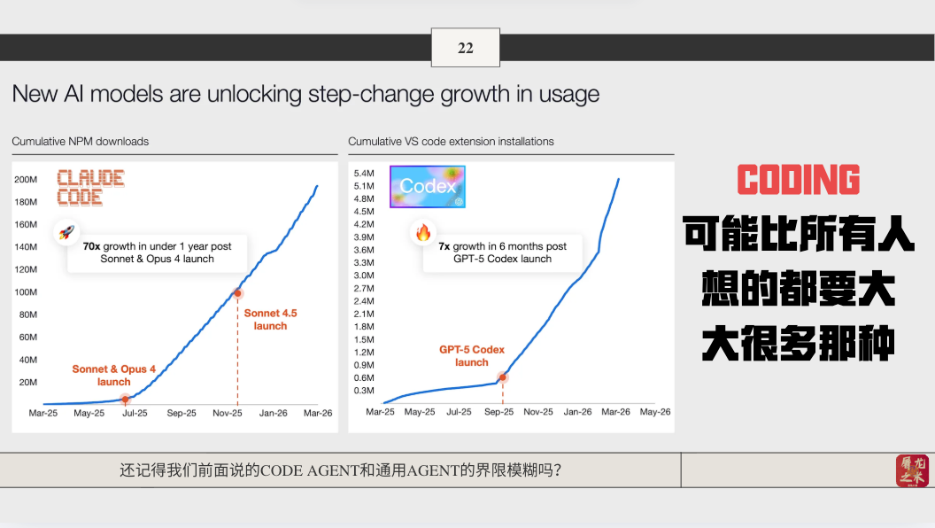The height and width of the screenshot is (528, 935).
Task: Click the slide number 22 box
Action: click(x=465, y=48)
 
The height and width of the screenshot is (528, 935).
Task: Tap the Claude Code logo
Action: click(x=90, y=187)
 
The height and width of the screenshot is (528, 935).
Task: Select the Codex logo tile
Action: click(x=428, y=187)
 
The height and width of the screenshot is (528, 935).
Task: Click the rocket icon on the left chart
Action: click(x=66, y=232)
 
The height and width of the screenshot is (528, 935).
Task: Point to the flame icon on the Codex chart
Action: click(x=422, y=232)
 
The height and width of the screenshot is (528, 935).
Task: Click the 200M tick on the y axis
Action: click(x=26, y=180)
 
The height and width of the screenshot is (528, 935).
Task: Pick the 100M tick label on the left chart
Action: click(x=26, y=292)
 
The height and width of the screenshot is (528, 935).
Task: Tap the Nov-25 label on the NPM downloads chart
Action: click(x=228, y=413)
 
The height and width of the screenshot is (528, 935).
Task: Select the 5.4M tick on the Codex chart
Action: click(x=364, y=174)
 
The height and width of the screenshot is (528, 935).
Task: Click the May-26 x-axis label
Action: click(x=654, y=412)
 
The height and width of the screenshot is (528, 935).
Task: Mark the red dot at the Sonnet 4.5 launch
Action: click(x=237, y=293)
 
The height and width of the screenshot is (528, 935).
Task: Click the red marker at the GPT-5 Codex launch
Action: click(x=503, y=377)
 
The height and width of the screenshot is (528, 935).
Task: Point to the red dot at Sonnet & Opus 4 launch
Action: click(x=125, y=400)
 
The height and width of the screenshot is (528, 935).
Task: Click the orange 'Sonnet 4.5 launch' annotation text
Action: click(x=270, y=320)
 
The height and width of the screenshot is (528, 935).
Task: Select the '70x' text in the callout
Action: click(x=91, y=246)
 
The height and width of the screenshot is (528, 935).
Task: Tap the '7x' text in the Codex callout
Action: click(x=444, y=246)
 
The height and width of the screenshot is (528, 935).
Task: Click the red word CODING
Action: click(x=799, y=180)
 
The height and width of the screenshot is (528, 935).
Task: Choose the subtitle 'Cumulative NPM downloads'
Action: click(x=81, y=142)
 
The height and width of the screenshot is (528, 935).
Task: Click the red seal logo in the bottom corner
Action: click(x=912, y=470)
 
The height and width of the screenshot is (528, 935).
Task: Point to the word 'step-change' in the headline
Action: click(x=371, y=94)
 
